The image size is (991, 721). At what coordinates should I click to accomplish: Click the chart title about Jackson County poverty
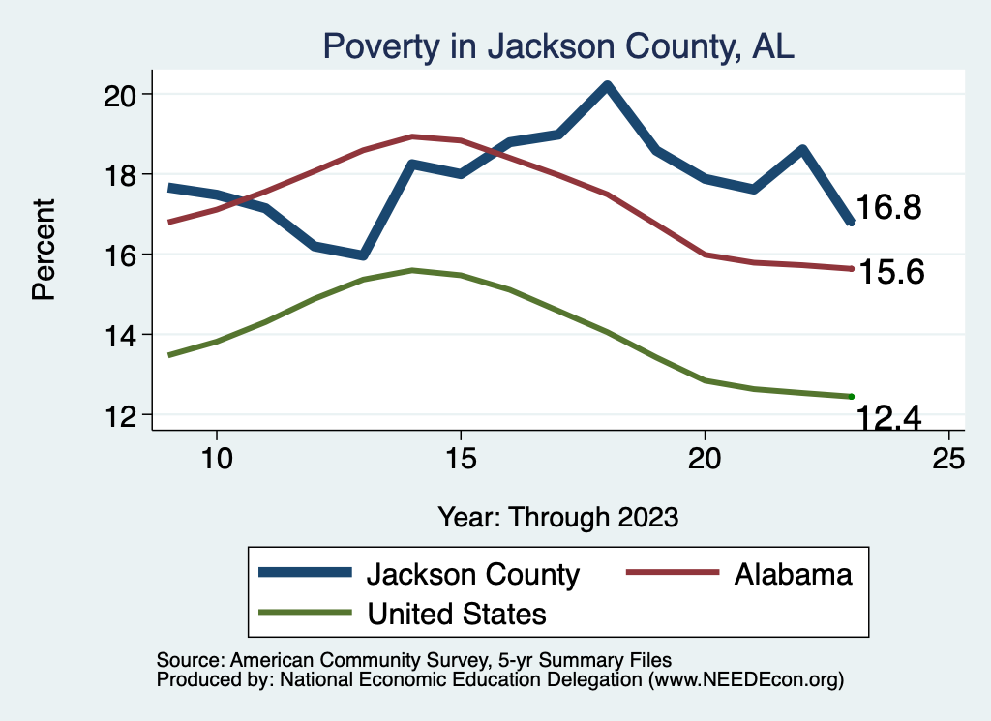pyautogui.click(x=558, y=46)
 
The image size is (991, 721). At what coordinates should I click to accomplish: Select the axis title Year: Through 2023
pyautogui.click(x=558, y=516)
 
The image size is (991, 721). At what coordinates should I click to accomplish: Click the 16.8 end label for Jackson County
pyautogui.click(x=888, y=208)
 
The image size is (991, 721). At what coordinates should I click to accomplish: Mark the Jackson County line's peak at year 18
pyautogui.click(x=607, y=85)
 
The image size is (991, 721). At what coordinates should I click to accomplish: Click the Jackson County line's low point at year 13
pyautogui.click(x=363, y=255)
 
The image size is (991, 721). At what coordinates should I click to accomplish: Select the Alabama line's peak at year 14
pyautogui.click(x=412, y=136)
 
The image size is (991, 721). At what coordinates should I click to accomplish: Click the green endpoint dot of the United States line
pyautogui.click(x=851, y=396)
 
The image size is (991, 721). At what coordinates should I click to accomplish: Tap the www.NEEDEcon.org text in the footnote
pyautogui.click(x=744, y=680)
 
